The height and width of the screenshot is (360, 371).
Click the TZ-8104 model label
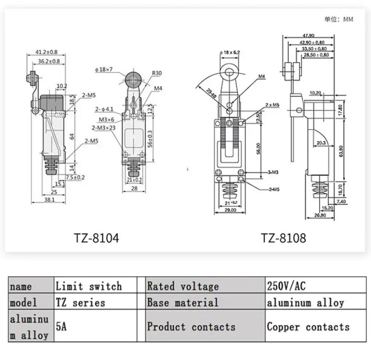[x=96, y=237]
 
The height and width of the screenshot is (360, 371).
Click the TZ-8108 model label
[x=283, y=237]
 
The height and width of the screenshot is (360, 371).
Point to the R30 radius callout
[x=157, y=73]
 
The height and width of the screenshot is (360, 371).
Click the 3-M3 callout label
[x=272, y=172]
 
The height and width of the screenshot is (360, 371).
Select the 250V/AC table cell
[x=287, y=286]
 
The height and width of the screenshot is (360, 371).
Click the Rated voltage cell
[x=183, y=286]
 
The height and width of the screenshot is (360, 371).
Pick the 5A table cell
[x=61, y=326]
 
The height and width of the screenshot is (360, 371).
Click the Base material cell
[x=182, y=303]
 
